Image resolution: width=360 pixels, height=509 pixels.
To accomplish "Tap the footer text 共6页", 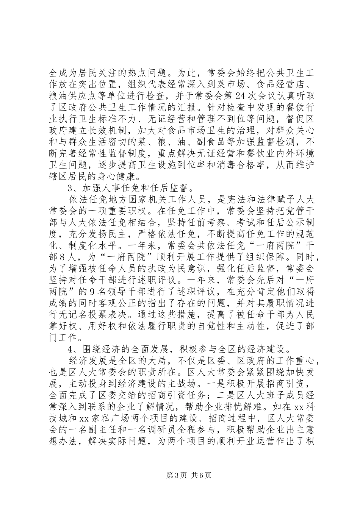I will click(201, 476).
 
